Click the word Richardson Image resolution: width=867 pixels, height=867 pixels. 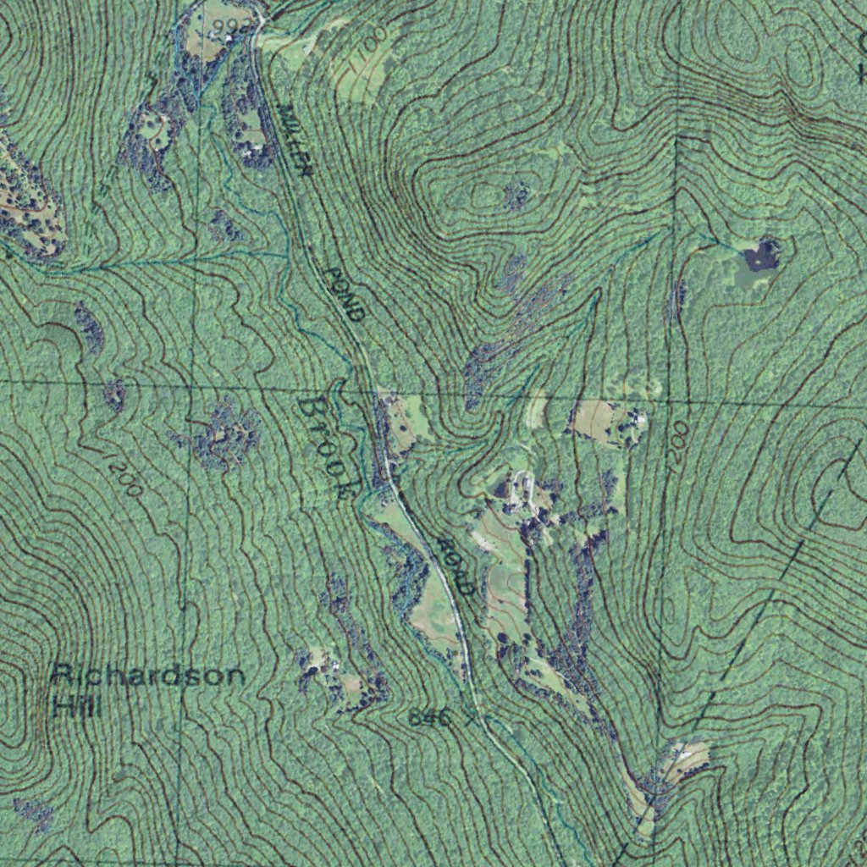click(x=148, y=676)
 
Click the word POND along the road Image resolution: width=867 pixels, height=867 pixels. click(x=345, y=294)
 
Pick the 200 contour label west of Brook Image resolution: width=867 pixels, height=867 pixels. click(x=124, y=478)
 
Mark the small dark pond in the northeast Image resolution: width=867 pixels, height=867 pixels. click(x=761, y=254)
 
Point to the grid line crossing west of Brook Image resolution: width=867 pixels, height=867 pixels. click(x=191, y=386)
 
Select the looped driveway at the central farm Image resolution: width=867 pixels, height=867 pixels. click(x=518, y=489)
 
